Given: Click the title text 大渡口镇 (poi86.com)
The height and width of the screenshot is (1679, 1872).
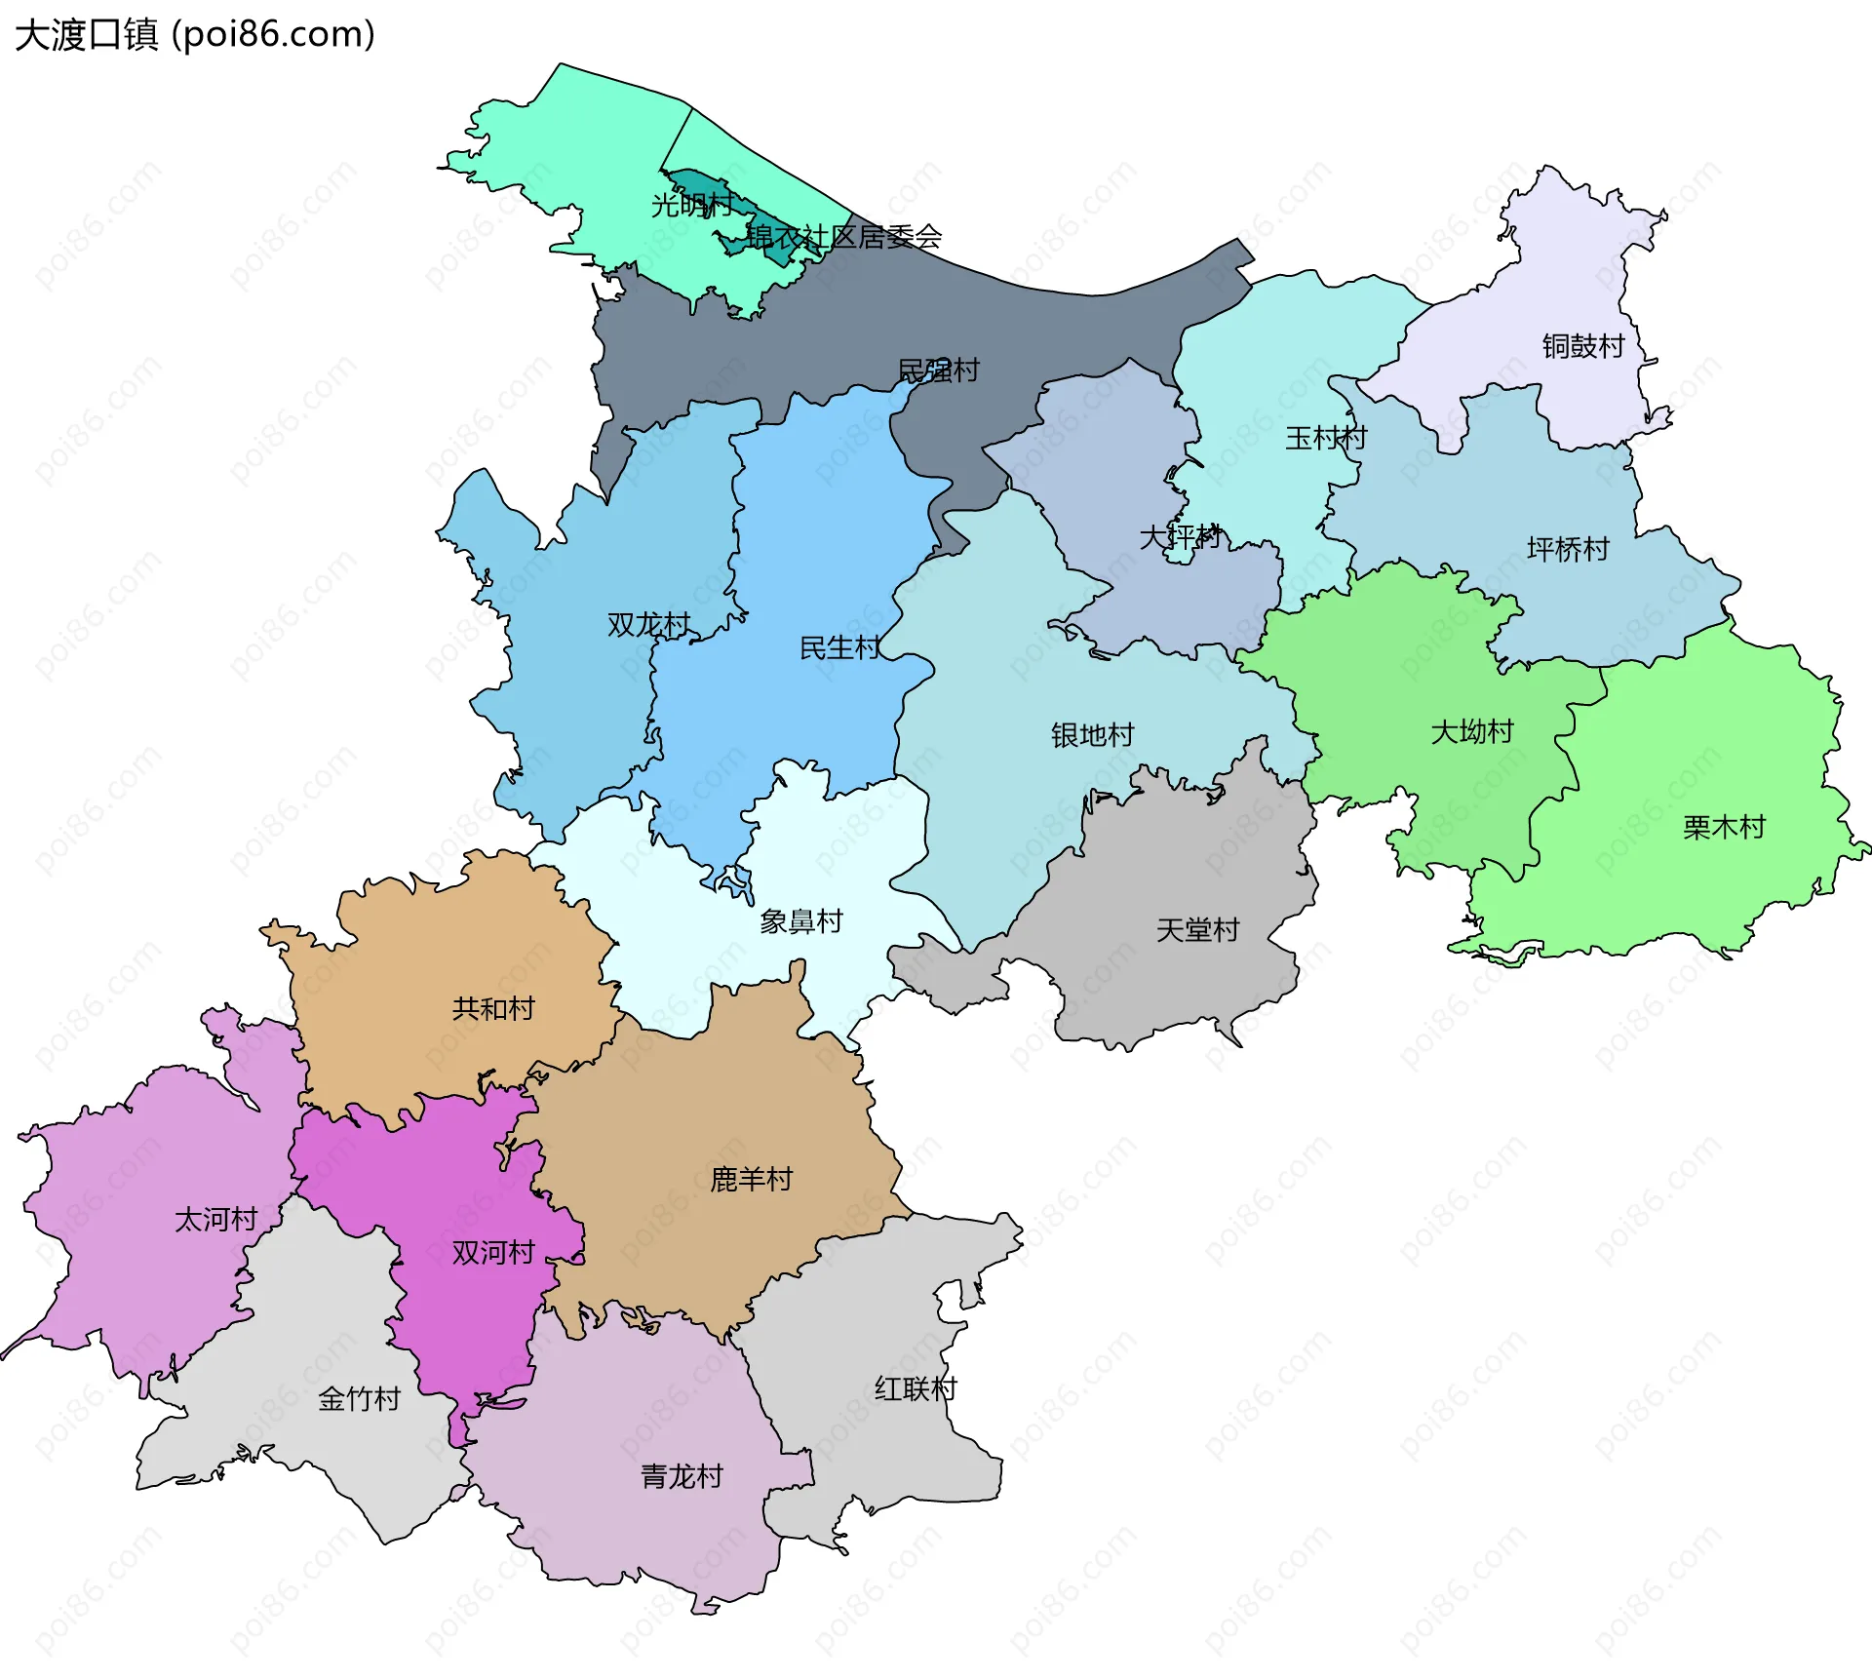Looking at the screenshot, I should pos(195,35).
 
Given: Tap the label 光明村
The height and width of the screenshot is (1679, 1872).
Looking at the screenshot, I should pos(691,206).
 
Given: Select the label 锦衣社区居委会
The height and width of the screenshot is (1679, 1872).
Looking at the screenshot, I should pos(843,237).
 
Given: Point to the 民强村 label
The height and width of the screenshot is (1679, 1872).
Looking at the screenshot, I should pos(938,371).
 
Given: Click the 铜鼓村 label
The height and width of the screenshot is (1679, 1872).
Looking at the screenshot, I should pos(1583,346).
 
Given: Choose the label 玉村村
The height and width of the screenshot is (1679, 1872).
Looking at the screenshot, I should pos(1326,438).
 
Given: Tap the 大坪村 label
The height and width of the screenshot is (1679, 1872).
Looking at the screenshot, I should pos(1180,537).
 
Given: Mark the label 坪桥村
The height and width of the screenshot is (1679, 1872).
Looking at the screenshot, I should pos(1568,550).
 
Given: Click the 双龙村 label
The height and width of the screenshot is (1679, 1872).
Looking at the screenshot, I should pos(648,625).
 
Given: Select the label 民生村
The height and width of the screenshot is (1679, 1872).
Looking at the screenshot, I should pos(840,648).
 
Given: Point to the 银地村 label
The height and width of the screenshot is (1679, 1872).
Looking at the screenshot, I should pos(1093,735).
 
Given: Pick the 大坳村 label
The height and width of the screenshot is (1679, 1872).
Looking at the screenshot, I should pos(1472,732).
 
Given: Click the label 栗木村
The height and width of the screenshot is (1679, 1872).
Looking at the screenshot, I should pos(1724,828).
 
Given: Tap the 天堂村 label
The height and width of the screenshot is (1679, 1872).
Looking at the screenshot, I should pos(1197,930).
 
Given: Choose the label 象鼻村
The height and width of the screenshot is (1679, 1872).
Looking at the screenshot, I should pos(801,921).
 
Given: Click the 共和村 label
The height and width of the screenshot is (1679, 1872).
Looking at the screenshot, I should pos(493,1008).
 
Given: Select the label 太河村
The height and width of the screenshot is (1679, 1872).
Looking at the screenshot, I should pos(215,1220).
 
